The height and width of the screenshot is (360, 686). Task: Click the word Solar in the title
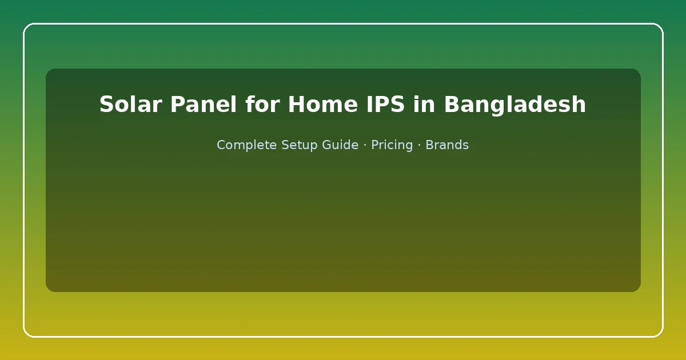coord(130,105)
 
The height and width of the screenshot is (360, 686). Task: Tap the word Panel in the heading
coord(204,104)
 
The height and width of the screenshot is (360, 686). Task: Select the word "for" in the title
coord(262,104)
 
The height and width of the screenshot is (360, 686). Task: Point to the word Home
coord(323,105)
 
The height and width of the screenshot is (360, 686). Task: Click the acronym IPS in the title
coord(385,105)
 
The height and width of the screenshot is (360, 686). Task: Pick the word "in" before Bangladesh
coord(424,104)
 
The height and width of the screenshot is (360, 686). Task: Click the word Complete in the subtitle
coord(246,145)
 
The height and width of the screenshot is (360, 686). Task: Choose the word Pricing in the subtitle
coord(392,145)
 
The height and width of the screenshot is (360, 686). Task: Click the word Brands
coord(447,145)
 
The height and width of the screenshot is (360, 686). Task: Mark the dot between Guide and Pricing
coord(365,145)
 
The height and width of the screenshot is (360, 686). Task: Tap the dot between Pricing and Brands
coord(419,145)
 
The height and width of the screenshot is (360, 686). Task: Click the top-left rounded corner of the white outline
coord(26,26)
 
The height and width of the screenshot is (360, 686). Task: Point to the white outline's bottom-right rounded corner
coord(660,334)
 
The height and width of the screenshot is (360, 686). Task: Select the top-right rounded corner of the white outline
coord(660,26)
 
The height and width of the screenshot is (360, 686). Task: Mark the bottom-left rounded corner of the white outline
coord(26,334)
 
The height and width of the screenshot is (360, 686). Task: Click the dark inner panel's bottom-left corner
coord(48,290)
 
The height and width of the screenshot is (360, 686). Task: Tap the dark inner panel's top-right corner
coord(638,71)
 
